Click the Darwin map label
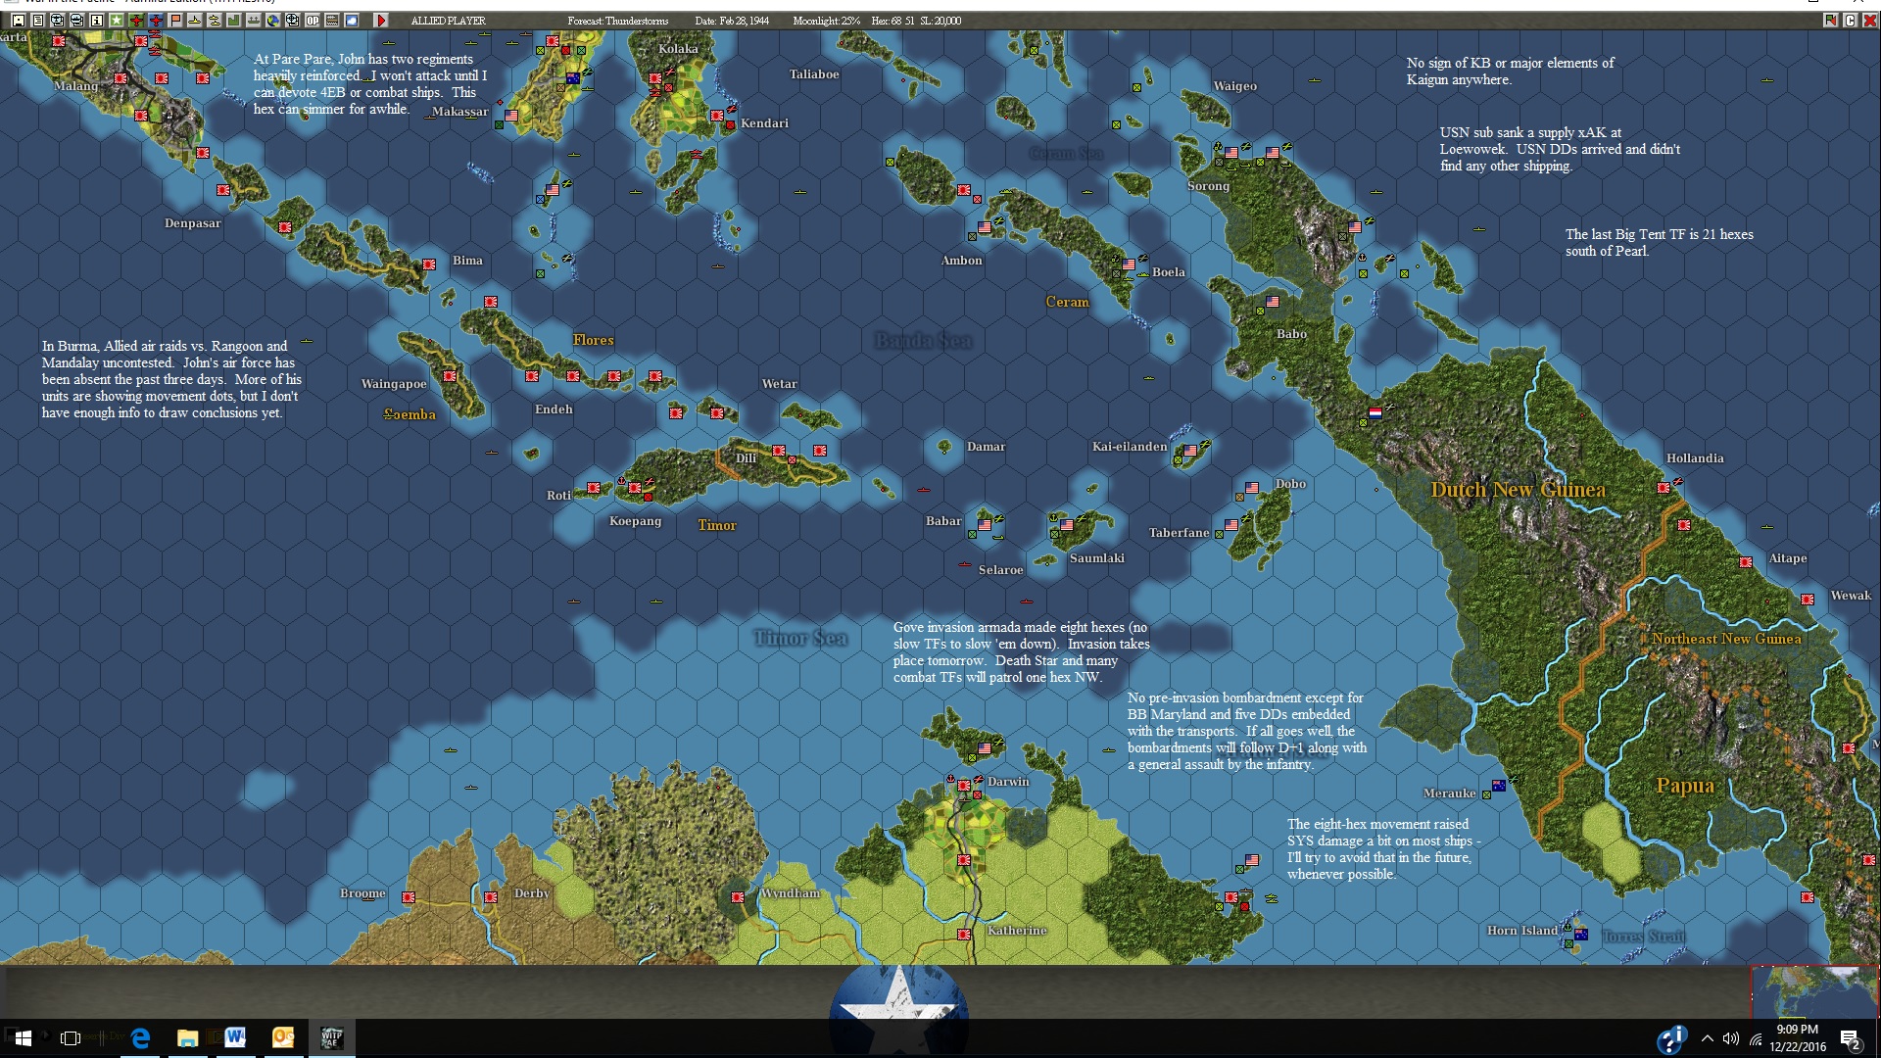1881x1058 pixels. [x=1008, y=782]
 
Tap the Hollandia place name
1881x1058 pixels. [x=1694, y=458]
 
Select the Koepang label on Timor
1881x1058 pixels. [x=635, y=521]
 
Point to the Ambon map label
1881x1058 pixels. [x=961, y=261]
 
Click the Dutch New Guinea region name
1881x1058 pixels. [x=1518, y=490]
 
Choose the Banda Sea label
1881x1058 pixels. [x=923, y=341]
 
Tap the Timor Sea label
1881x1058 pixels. [x=799, y=639]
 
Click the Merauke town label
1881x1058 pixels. [x=1448, y=793]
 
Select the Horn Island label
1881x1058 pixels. [x=1521, y=931]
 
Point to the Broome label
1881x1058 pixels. [x=362, y=893]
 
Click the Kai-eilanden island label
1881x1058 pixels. [x=1129, y=447]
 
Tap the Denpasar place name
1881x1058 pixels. [x=192, y=223]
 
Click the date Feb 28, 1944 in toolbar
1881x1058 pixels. [x=732, y=21]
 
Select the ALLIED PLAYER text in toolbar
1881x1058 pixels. [x=448, y=21]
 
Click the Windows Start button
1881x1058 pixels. [x=23, y=1037]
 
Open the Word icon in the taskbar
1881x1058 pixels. [x=235, y=1037]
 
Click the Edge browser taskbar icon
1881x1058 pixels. [x=140, y=1037]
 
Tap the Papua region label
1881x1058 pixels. [x=1684, y=786]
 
